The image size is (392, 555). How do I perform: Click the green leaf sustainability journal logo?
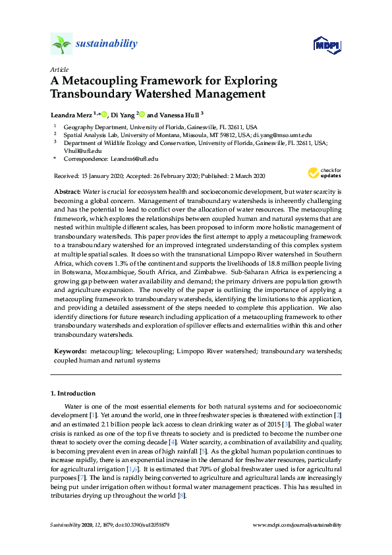point(61,44)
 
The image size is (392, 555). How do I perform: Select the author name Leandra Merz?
point(71,114)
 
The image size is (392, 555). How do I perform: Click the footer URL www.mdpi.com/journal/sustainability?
point(297,525)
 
